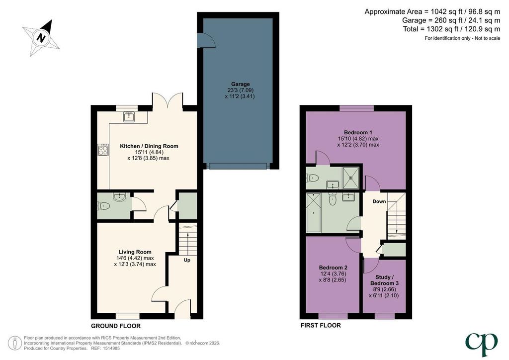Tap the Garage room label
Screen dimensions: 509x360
(241, 84)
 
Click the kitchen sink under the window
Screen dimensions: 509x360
(129, 116)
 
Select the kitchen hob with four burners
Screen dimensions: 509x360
(103, 150)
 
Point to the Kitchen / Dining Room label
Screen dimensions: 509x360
(149, 146)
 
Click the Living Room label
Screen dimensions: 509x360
(135, 252)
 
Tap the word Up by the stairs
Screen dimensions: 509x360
(187, 260)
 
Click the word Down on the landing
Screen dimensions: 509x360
(379, 201)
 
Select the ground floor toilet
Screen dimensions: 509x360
(104, 206)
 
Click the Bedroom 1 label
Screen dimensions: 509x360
(358, 132)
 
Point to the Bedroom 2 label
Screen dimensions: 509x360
(333, 268)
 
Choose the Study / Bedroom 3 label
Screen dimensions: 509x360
(384, 280)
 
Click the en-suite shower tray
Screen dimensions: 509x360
(351, 178)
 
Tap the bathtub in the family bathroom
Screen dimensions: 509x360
(313, 213)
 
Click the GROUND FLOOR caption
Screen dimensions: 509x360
(115, 326)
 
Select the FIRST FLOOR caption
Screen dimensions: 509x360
(321, 325)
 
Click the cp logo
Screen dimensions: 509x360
(481, 344)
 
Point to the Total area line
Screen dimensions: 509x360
(451, 29)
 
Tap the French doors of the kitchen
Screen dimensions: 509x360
(168, 100)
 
